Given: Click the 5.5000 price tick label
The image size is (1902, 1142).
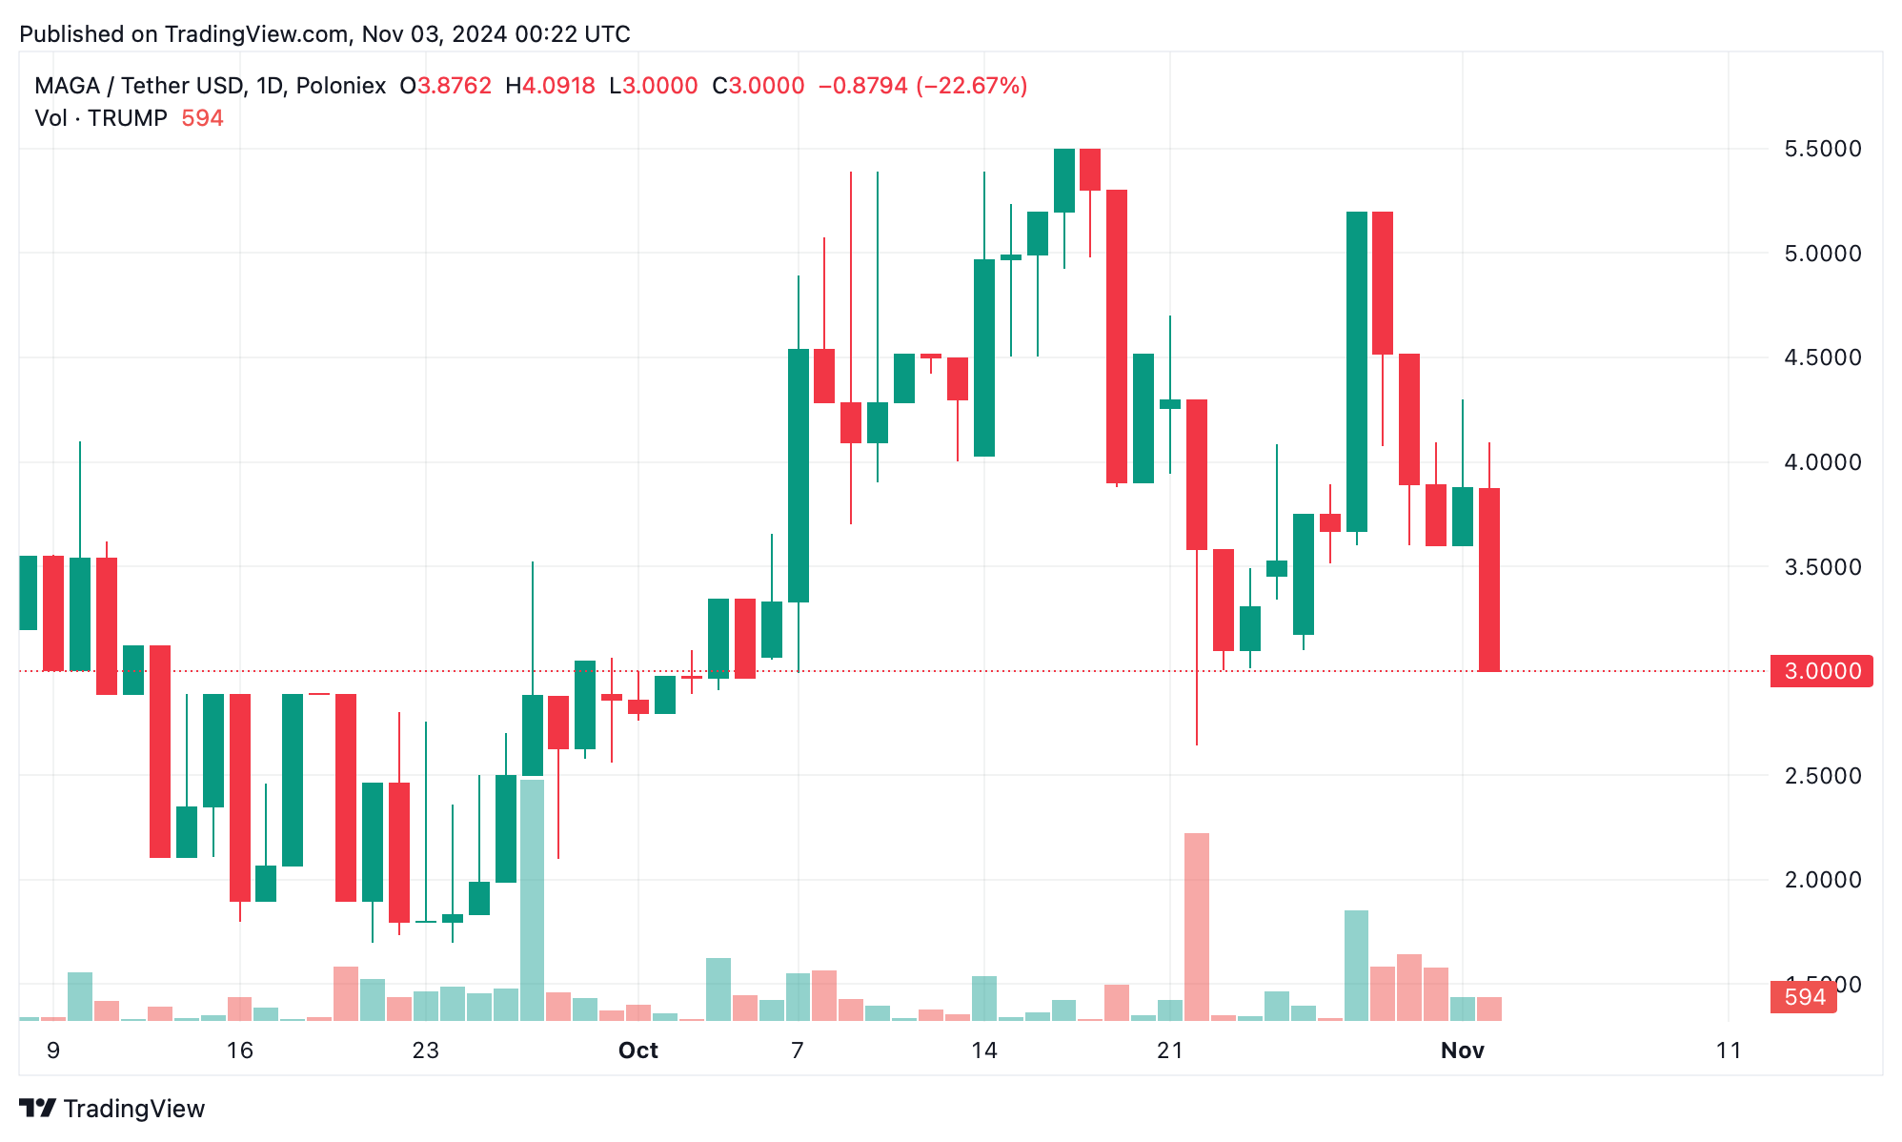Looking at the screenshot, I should tap(1822, 149).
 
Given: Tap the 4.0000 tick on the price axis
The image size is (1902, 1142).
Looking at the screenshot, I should tap(1822, 462).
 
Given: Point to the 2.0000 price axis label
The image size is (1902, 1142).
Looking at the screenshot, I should tap(1822, 880).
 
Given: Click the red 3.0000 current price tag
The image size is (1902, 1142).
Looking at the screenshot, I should tap(1821, 671).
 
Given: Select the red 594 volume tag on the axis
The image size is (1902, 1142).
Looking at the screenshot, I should tap(1804, 997).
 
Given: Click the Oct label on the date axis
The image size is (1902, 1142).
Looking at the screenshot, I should tap(637, 1050).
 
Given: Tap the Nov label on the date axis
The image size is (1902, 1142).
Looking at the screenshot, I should tap(1462, 1050).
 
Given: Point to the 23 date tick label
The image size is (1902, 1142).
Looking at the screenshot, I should tap(425, 1050).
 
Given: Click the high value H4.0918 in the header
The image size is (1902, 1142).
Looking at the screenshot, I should tap(551, 86).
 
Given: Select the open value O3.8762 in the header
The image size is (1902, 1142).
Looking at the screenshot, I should tap(446, 86).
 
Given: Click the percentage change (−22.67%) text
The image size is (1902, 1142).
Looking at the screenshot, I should tap(971, 86).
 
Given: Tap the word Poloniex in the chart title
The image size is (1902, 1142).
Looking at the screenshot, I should tap(340, 86).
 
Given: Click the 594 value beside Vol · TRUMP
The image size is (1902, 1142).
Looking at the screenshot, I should tap(202, 118).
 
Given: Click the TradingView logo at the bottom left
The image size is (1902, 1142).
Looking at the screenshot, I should tap(112, 1109).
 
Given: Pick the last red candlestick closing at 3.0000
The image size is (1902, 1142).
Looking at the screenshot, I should tap(1488, 580).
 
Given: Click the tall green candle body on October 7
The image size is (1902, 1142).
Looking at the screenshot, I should tap(799, 476).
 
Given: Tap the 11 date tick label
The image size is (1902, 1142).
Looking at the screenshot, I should tap(1728, 1050).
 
